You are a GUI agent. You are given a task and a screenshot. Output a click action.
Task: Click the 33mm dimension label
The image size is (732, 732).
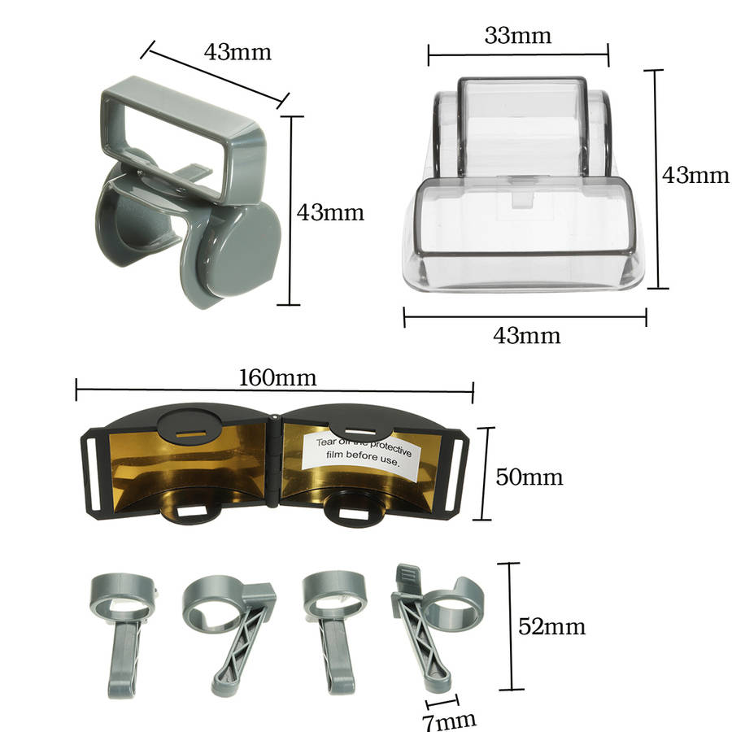518,36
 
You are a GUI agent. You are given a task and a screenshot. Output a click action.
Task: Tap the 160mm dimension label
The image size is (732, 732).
277,377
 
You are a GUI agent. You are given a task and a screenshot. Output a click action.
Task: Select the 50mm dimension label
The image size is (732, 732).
529,477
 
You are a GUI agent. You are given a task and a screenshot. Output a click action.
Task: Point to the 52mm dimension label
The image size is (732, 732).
551,626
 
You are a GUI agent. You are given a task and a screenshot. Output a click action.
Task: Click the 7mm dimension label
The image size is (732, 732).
450,721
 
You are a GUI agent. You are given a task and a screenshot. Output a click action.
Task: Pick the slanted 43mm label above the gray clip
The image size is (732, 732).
237,52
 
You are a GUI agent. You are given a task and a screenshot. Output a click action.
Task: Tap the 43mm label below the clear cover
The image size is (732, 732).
526,336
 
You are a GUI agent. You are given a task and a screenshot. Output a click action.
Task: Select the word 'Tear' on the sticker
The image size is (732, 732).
326,442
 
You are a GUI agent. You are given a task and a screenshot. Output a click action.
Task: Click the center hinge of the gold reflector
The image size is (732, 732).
274,461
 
